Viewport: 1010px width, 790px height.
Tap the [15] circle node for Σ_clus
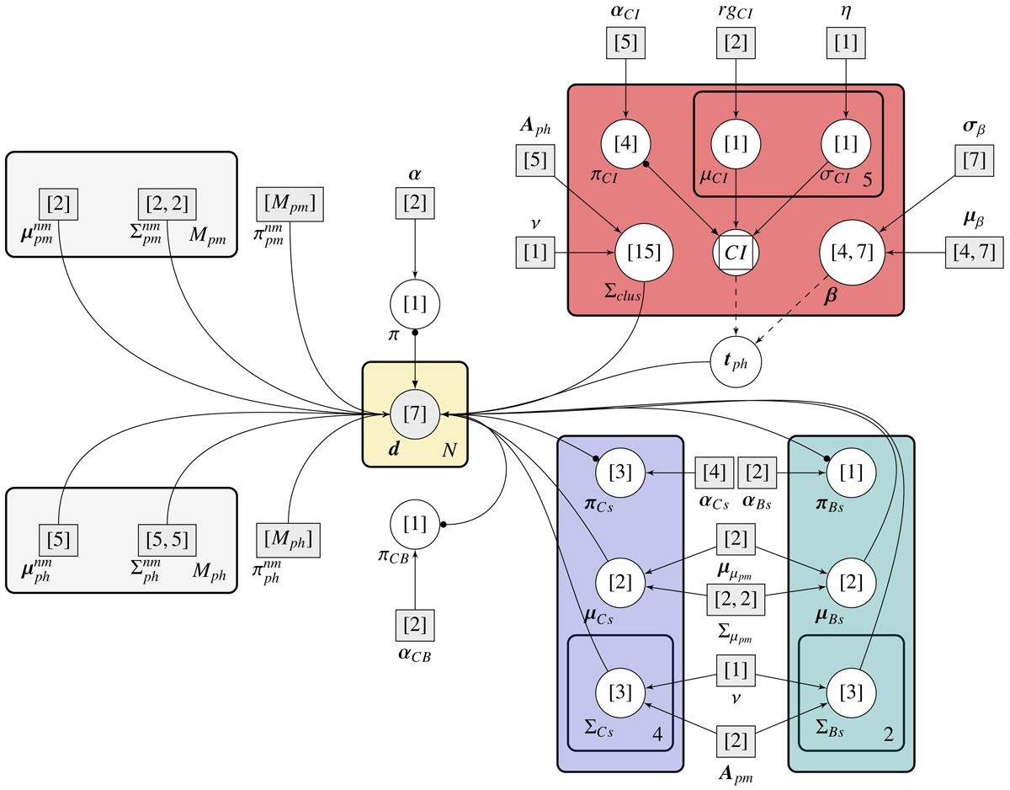pyautogui.click(x=644, y=251)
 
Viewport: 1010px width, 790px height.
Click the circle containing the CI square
pyautogui.click(x=736, y=251)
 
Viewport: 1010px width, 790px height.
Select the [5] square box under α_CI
pyautogui.click(x=625, y=44)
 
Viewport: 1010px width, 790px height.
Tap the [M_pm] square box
pyautogui.click(x=290, y=204)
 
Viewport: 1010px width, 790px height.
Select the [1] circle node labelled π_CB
pyautogui.click(x=414, y=525)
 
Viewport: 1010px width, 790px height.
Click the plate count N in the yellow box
pyautogui.click(x=450, y=450)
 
